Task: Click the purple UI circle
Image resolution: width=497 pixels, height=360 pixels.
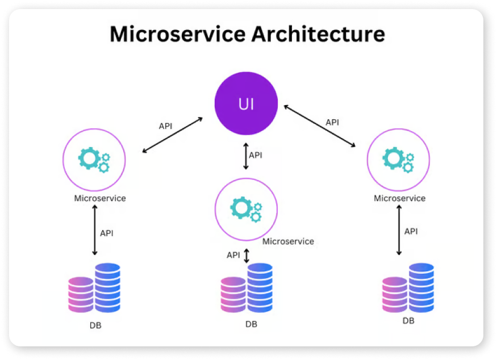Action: (x=246, y=106)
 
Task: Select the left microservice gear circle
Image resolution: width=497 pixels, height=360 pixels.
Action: (x=95, y=159)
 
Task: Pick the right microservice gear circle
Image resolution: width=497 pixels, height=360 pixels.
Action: (x=398, y=159)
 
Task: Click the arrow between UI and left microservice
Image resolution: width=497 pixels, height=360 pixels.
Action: (x=173, y=135)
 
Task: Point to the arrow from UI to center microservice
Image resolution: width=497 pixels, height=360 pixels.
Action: (x=246, y=156)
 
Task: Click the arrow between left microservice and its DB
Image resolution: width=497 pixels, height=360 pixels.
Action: (x=95, y=231)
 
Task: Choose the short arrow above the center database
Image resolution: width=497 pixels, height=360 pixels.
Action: (x=247, y=256)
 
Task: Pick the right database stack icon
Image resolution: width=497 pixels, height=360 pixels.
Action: (x=408, y=288)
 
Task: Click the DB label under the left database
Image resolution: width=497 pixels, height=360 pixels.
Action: (x=95, y=326)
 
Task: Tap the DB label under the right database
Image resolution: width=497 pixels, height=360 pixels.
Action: (x=408, y=321)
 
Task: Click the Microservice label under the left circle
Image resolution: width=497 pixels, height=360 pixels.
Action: (x=100, y=199)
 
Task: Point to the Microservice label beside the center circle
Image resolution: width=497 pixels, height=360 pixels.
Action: (x=288, y=241)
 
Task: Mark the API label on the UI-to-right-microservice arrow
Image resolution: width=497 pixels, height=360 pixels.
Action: (x=332, y=122)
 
